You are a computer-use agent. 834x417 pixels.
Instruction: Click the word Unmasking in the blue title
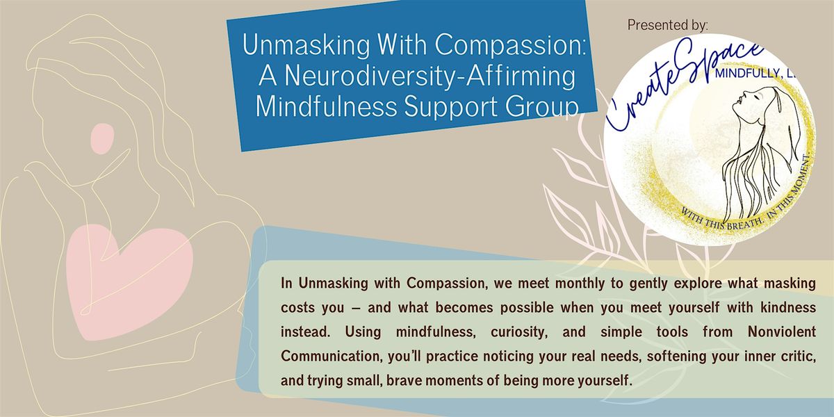click(x=306, y=45)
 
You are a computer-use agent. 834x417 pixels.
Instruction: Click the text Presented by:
click(x=668, y=25)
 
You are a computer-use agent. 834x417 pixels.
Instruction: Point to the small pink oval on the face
click(x=102, y=138)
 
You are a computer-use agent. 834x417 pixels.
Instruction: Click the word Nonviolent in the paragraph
click(x=782, y=332)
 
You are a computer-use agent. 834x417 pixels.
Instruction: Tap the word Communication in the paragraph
click(x=332, y=357)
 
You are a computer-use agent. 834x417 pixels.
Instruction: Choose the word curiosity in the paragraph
click(x=519, y=332)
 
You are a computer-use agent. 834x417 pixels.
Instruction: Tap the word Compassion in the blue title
click(x=509, y=45)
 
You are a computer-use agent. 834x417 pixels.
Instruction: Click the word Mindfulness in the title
click(x=327, y=107)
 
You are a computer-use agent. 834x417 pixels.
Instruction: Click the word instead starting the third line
click(x=305, y=332)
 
